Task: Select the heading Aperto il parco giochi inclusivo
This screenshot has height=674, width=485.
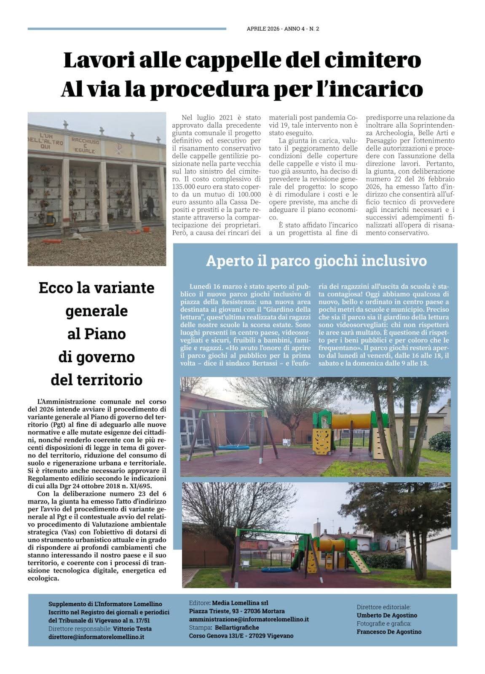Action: [x=316, y=261]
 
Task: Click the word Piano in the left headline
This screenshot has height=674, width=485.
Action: [x=96, y=334]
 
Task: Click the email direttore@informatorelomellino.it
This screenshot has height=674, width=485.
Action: [x=96, y=637]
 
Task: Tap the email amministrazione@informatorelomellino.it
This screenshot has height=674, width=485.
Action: [x=249, y=619]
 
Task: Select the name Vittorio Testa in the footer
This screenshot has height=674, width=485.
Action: [x=132, y=629]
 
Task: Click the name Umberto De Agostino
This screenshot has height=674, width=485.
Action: [x=387, y=615]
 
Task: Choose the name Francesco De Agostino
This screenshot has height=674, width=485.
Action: [x=389, y=631]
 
